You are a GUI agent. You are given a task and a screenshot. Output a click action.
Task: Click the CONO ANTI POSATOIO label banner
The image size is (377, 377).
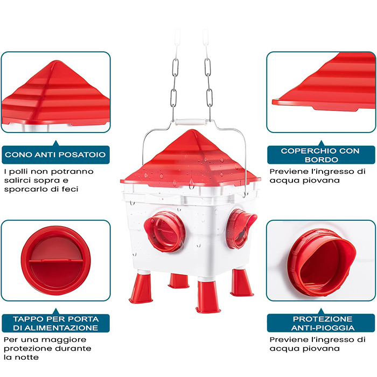coord(56,155)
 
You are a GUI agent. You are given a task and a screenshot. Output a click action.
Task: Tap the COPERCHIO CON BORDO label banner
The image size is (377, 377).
coord(321,155)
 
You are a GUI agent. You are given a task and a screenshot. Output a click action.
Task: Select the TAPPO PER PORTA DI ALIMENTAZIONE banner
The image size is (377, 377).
coord(56,323)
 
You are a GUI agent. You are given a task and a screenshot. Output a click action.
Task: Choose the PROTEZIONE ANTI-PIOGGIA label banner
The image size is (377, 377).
coord(321,323)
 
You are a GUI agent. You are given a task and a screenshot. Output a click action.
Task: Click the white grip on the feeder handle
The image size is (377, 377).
coord(190,122)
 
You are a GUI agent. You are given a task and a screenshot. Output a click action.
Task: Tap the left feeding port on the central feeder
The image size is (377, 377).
coord(165,231)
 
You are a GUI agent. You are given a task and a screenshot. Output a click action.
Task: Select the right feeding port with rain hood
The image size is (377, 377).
coord(240,228)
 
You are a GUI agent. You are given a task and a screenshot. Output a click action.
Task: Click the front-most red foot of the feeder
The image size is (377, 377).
coord(208,297)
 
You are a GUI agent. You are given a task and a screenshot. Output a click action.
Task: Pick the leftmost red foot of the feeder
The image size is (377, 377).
coord(141,289)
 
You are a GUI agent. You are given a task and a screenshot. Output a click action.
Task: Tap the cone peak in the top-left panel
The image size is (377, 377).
coord(57,61)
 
